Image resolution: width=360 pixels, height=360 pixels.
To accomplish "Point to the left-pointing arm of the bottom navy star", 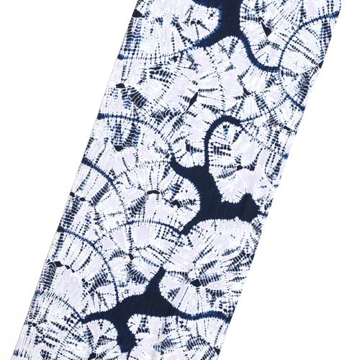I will tap(108, 317).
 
